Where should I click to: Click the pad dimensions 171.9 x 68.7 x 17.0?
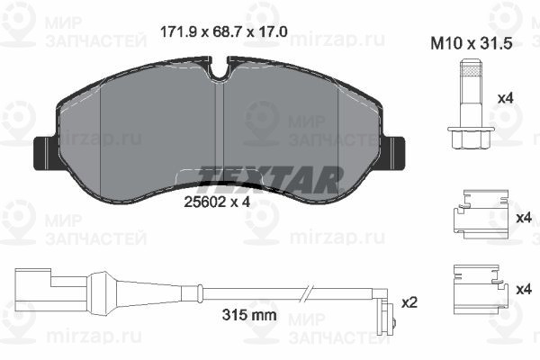224,32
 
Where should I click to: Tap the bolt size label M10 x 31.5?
472,44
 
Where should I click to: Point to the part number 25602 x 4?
217,202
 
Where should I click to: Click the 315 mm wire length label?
249,314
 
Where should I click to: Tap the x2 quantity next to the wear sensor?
409,302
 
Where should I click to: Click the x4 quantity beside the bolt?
506,98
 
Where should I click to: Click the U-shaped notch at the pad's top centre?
220,70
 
